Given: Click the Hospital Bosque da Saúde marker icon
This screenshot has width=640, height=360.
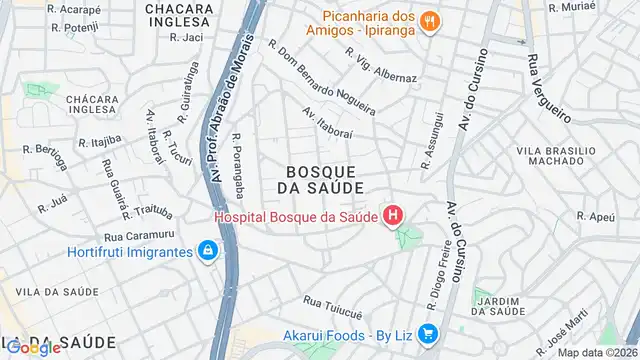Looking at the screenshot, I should point(395,215).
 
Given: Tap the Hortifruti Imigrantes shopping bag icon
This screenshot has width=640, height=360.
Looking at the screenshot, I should point(207,250).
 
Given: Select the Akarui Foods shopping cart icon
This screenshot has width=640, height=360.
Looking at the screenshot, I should point(428,334).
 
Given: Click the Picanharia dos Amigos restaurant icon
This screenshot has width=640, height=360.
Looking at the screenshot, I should point(429,20).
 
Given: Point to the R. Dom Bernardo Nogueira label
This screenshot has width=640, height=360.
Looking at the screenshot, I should point(322,77).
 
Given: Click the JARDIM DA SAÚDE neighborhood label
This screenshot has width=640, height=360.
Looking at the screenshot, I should point(500,306).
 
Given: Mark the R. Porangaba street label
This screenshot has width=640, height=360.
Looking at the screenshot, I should point(238,161).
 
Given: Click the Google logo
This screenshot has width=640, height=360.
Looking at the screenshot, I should point(33,348).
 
